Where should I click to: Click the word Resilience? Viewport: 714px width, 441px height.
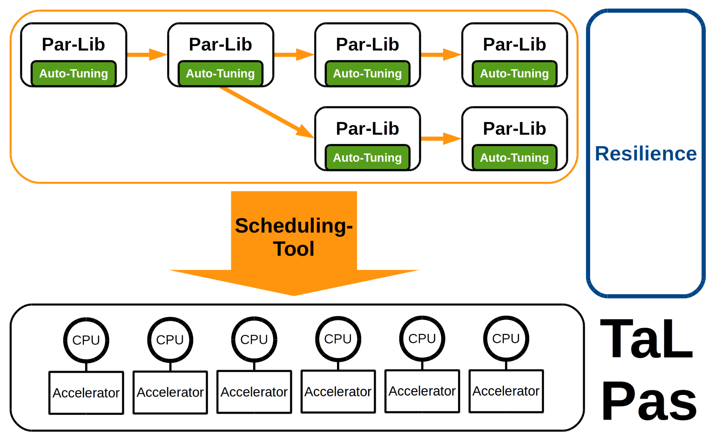coord(646,154)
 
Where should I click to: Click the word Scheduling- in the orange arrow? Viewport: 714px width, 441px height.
coord(294,226)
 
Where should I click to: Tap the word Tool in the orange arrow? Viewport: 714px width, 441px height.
coord(294,249)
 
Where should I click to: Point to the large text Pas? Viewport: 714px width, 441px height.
coord(649,401)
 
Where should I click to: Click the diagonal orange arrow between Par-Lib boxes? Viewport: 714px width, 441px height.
coord(267,112)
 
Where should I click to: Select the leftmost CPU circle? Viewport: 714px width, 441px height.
coord(86,340)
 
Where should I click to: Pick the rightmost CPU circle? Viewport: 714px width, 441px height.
coord(506,339)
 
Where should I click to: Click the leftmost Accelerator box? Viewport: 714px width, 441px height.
coord(86,393)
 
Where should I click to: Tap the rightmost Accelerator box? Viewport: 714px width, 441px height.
coord(506,391)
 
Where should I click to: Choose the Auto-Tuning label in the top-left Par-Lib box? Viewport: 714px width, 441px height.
coord(74,74)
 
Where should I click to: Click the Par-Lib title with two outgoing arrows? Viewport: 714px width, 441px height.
coord(220,44)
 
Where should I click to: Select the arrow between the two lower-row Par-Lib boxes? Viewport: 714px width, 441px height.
coord(441,139)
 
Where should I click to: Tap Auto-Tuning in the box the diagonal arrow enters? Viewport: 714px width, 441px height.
coord(367,157)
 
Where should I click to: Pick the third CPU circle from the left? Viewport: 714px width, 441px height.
coord(254,339)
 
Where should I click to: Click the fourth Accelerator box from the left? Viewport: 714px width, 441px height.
coord(338,392)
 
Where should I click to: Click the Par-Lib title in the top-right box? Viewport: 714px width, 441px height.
coord(514,44)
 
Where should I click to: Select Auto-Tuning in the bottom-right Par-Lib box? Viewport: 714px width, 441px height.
coord(514,157)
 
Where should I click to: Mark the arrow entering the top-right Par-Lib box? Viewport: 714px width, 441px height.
coord(441,55)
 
